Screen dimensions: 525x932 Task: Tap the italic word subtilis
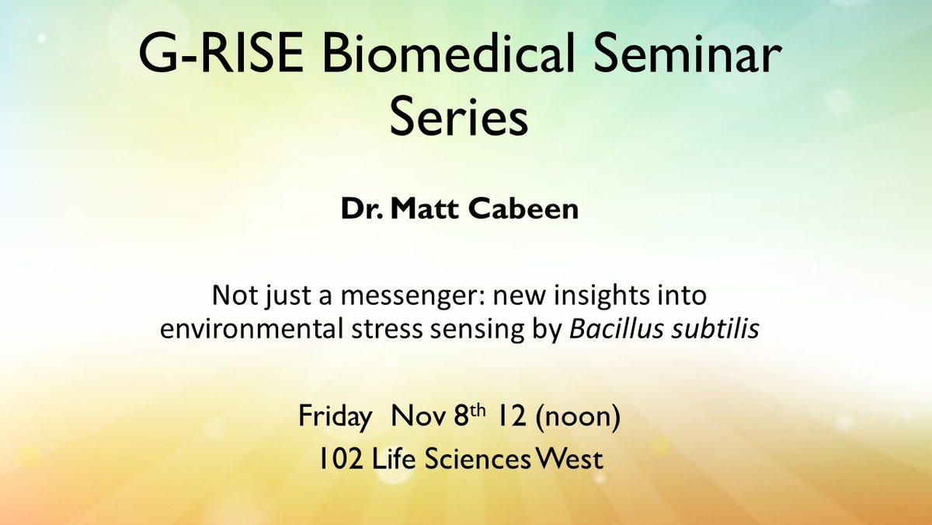coord(717,329)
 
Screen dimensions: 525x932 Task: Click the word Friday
coord(334,418)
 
